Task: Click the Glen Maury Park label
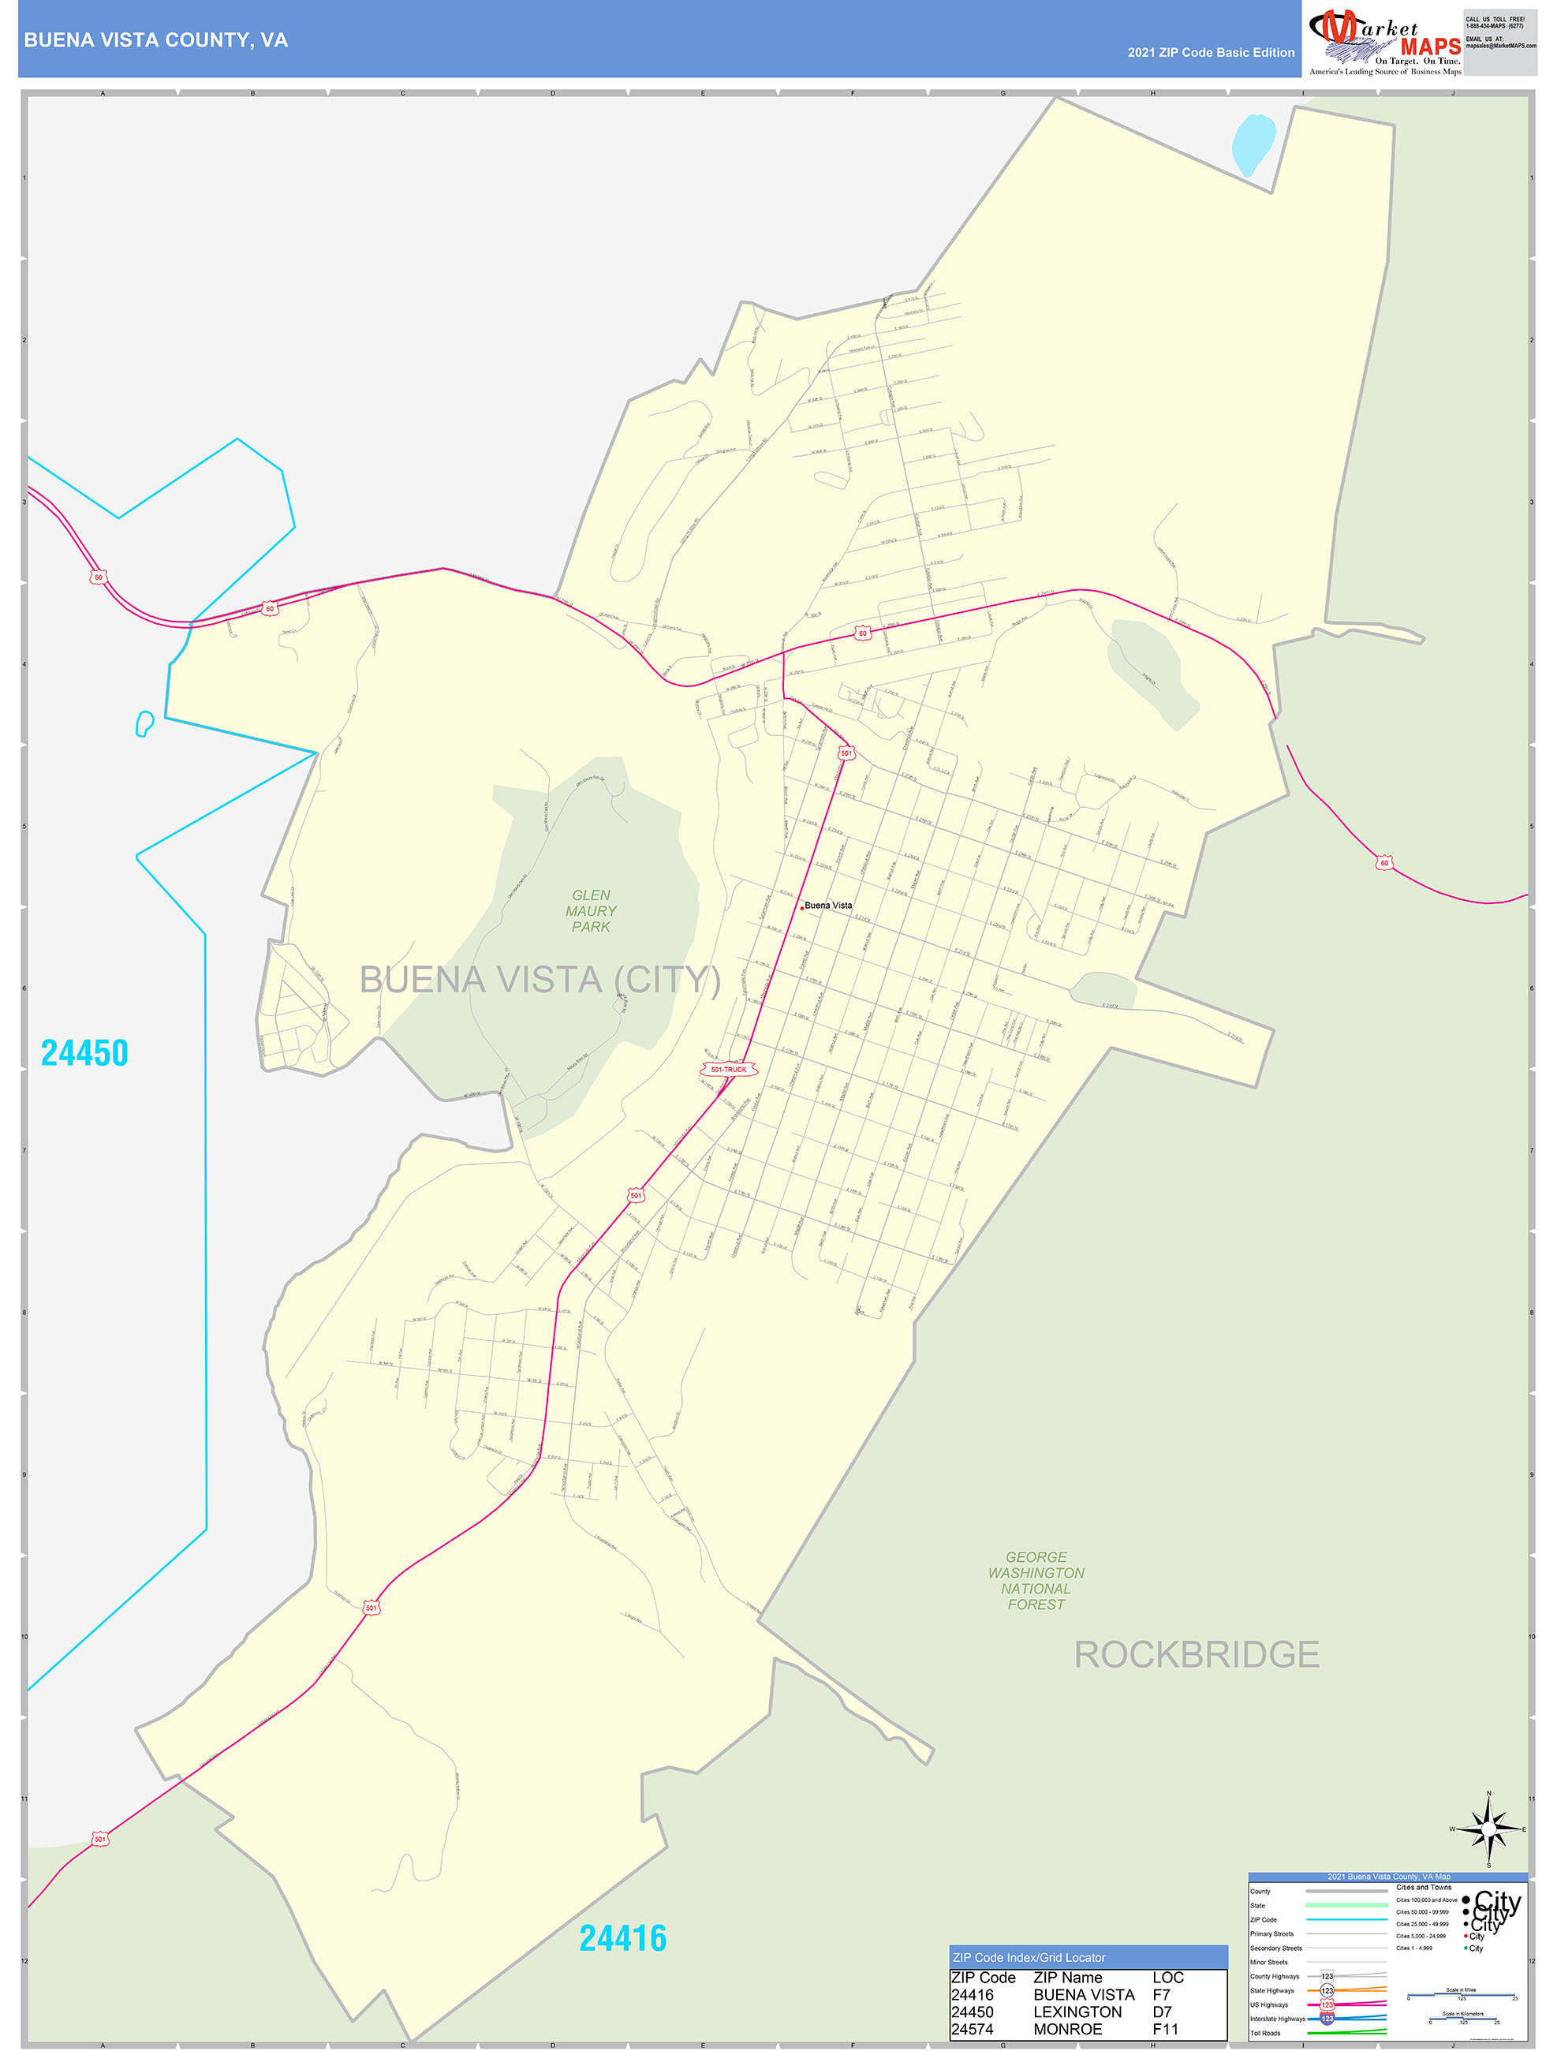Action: (x=591, y=910)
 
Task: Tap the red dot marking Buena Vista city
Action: (x=802, y=908)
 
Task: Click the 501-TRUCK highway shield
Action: (x=728, y=1069)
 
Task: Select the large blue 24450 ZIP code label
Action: (x=84, y=1053)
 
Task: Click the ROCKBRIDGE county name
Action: (x=1197, y=1655)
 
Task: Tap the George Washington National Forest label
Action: (x=1036, y=1580)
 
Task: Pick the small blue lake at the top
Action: (x=1253, y=144)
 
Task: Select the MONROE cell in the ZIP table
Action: (x=1067, y=2029)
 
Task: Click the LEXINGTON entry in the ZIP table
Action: (x=1077, y=2012)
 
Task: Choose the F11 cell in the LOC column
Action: (x=1165, y=2029)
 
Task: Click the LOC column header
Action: (x=1167, y=1978)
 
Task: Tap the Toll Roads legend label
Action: (x=1265, y=2034)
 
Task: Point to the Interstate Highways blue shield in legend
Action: (x=1327, y=2019)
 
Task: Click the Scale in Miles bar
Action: (x=1462, y=1994)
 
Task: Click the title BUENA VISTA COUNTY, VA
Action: (x=156, y=40)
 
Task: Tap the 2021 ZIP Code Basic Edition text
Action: (x=1210, y=53)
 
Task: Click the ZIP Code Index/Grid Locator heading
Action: (x=1029, y=1957)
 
